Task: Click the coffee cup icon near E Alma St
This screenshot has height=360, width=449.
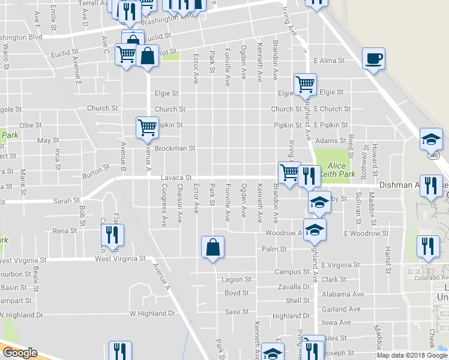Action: pyautogui.click(x=373, y=59)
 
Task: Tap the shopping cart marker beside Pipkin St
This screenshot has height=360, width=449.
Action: pyautogui.click(x=147, y=127)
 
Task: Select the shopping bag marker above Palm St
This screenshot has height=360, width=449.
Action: pyautogui.click(x=212, y=247)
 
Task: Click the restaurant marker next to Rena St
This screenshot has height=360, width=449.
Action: pyautogui.click(x=113, y=235)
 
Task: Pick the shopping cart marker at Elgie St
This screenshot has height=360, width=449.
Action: pyautogui.click(x=305, y=84)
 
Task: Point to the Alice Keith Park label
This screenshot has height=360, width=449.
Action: pyautogui.click(x=337, y=169)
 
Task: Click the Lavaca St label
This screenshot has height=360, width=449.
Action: pyautogui.click(x=176, y=178)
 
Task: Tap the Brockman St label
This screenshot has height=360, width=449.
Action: pyautogui.click(x=175, y=148)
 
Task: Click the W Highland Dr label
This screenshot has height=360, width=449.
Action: pyautogui.click(x=152, y=313)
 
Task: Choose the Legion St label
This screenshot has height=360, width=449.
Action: pyautogui.click(x=236, y=280)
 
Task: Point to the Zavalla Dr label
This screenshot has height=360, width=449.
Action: pyautogui.click(x=298, y=287)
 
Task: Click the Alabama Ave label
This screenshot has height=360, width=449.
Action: pyautogui.click(x=343, y=295)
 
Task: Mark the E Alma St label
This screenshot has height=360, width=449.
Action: pyautogui.click(x=329, y=61)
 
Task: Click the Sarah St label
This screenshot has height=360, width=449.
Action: pyautogui.click(x=67, y=200)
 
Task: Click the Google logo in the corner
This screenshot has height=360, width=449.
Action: pyautogui.click(x=19, y=353)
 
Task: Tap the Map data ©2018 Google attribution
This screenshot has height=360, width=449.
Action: pyautogui.click(x=412, y=355)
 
